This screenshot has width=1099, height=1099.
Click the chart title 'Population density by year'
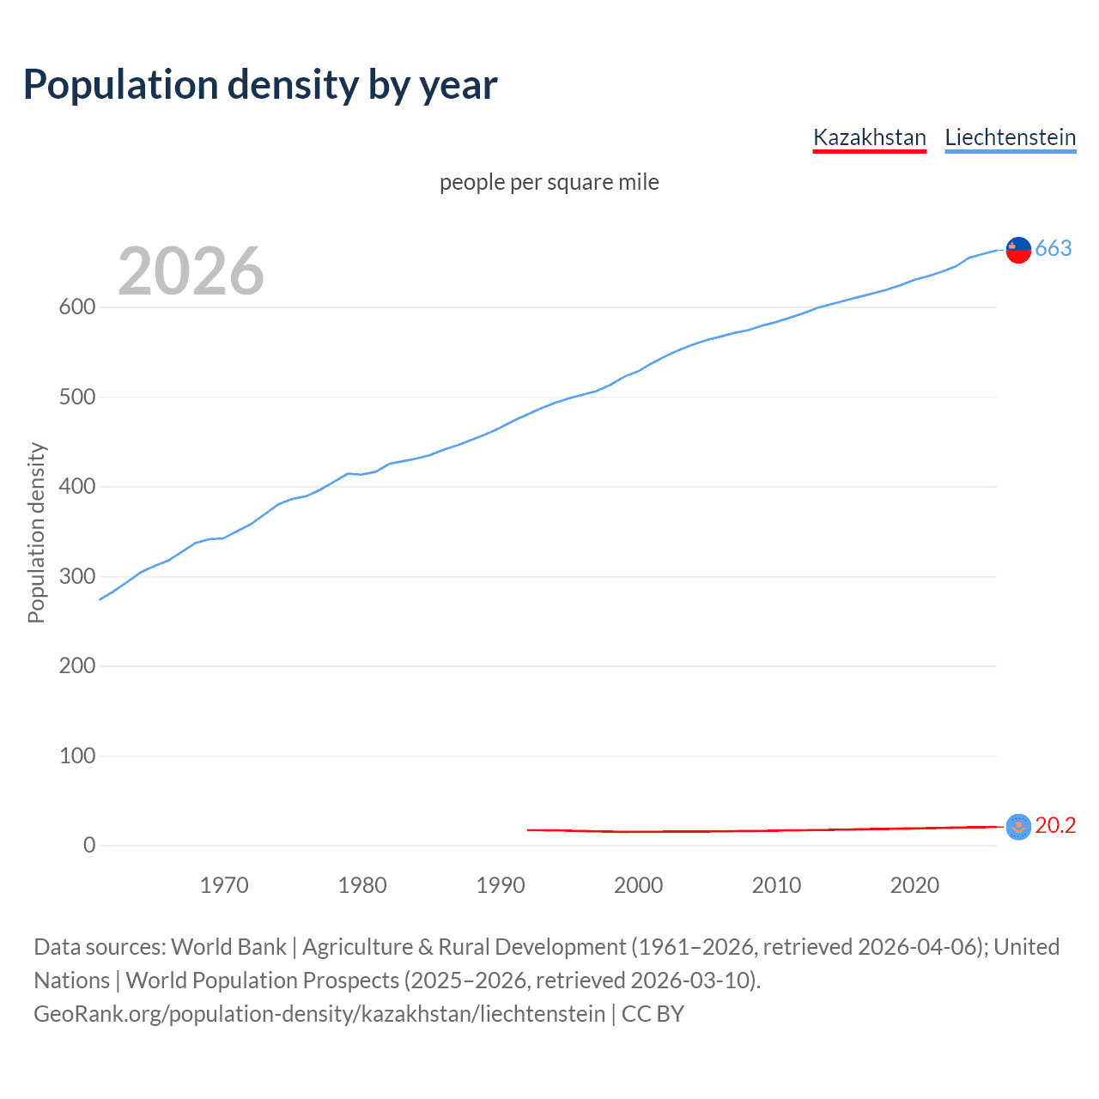260,84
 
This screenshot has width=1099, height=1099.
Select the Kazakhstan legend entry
869,137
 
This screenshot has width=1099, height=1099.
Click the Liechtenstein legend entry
1010,137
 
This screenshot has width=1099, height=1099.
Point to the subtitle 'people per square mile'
549,182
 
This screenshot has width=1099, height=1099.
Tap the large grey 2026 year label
191,271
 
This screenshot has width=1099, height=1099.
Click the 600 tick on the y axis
76,307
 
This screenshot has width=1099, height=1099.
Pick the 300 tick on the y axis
76,576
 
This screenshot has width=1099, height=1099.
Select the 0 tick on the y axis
89,846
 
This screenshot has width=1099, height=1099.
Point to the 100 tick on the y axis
76,756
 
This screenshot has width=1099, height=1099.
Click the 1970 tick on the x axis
224,885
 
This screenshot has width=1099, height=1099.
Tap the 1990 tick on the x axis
501,885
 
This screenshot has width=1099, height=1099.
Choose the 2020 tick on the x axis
914,885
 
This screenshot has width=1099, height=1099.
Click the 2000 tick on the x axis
638,885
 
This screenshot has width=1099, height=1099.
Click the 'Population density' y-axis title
36,532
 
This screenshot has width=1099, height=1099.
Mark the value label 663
1053,248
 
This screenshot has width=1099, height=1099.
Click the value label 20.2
1055,825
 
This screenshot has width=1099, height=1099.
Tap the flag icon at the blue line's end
1018,249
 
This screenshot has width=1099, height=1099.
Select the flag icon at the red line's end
1018,826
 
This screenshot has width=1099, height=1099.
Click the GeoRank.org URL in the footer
319,1014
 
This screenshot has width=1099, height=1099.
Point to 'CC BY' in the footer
653,1014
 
